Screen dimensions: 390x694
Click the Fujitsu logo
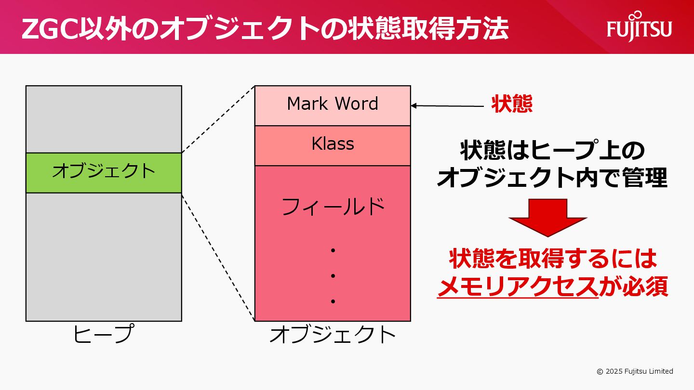639,26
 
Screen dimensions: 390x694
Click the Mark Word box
333,104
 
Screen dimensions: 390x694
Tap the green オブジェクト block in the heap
104,172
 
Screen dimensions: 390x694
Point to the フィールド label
333,207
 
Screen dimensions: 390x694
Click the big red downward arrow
548,217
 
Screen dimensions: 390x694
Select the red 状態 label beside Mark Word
512,104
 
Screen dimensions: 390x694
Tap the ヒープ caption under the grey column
104,334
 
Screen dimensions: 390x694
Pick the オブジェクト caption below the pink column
333,334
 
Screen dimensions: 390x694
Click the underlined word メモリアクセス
518,287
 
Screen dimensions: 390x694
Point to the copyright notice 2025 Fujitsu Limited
635,371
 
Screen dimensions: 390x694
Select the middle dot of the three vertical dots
333,276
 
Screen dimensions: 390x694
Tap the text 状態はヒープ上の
552,151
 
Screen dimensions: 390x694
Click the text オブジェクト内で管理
552,178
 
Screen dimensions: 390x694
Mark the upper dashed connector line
218,119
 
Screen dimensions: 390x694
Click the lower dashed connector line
218,257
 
